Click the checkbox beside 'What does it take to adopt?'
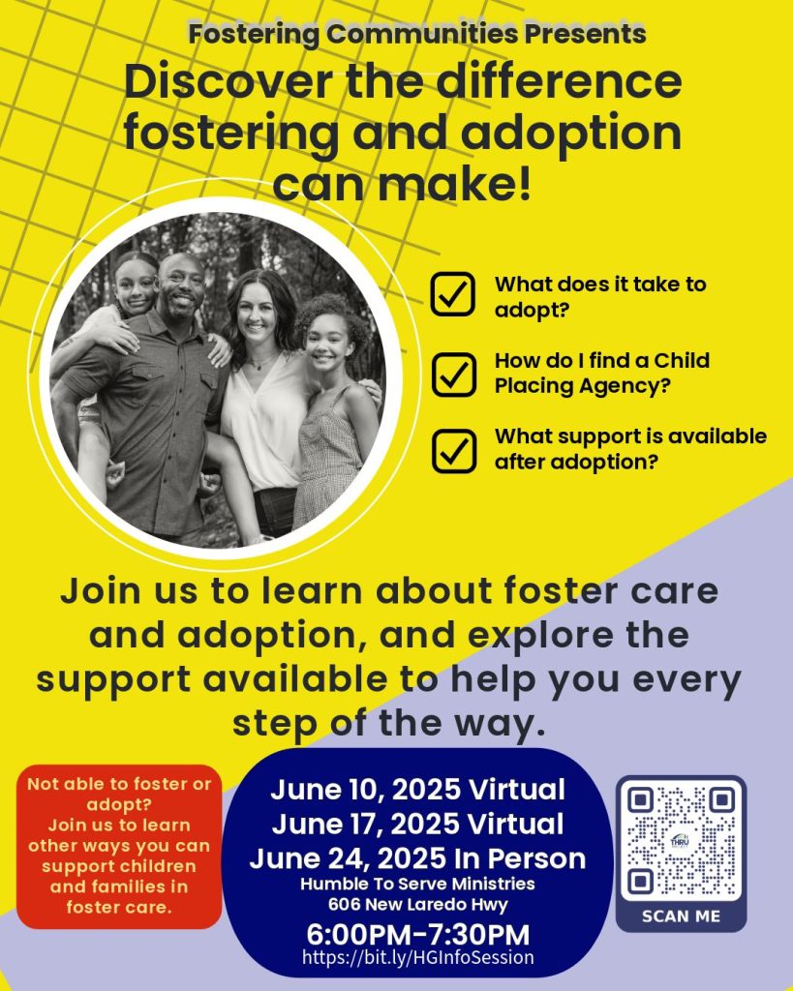[452, 294]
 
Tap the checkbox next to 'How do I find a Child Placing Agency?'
[452, 373]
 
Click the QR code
[681, 841]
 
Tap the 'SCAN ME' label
[681, 916]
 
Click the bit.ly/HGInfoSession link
[418, 958]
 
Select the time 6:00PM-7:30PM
[418, 935]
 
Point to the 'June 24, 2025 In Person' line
[417, 858]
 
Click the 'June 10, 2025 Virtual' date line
[417, 790]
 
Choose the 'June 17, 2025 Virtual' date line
[417, 825]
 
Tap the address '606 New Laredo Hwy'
[417, 904]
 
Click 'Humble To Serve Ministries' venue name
[417, 884]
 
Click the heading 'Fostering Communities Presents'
[417, 34]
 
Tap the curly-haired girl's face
[330, 341]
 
